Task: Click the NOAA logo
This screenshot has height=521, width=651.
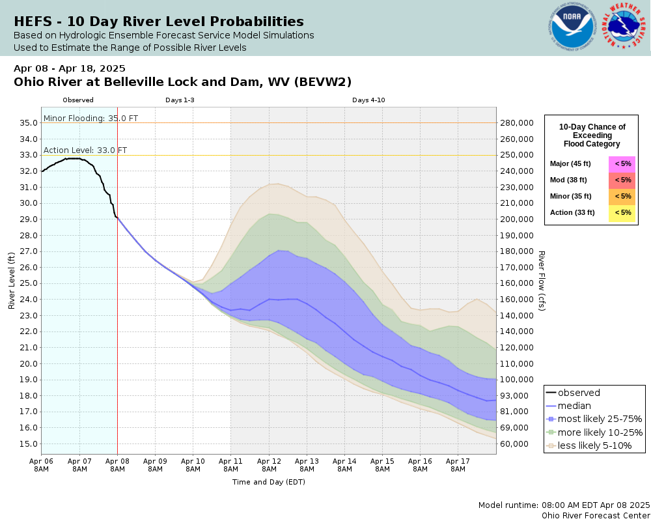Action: (573, 28)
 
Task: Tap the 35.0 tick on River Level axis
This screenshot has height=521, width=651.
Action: (27, 122)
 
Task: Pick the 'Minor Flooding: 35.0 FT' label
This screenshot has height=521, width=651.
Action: (90, 118)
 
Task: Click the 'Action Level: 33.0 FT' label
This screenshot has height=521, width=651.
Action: (85, 150)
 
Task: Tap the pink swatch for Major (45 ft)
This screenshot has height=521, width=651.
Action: (622, 163)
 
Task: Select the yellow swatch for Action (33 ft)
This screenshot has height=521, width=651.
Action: (622, 212)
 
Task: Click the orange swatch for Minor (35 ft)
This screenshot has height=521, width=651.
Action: (622, 196)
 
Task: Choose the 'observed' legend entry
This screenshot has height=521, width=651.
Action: (579, 393)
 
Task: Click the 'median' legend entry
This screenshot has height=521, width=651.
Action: (574, 406)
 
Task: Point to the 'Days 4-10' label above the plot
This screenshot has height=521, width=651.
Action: (368, 100)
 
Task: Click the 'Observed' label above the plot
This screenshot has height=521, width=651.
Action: (78, 100)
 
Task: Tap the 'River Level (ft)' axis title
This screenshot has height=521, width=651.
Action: (11, 281)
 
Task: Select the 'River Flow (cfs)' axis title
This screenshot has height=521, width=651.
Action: (541, 281)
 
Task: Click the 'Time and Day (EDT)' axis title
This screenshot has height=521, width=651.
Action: (268, 482)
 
